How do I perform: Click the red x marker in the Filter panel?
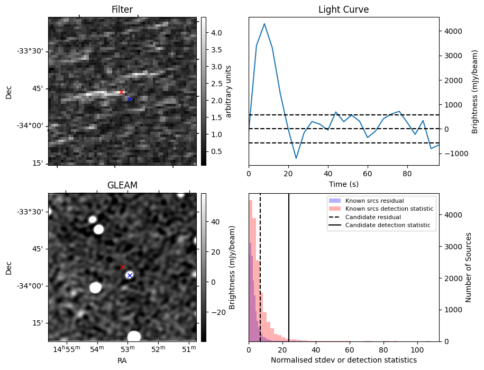click(x=121, y=92)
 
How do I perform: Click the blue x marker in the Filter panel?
click(x=130, y=99)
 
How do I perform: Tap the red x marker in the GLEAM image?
click(x=122, y=267)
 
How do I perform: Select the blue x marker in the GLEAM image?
click(x=130, y=275)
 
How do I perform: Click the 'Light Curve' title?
click(x=343, y=10)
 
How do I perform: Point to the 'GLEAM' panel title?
click(x=122, y=185)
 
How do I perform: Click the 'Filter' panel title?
click(x=122, y=10)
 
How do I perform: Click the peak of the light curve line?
click(x=264, y=24)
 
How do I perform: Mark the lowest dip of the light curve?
click(x=296, y=158)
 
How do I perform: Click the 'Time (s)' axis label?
click(x=343, y=184)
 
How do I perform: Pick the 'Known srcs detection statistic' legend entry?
click(x=389, y=209)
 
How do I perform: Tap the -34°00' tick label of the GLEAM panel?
click(x=32, y=286)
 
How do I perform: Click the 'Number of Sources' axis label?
click(x=469, y=267)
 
